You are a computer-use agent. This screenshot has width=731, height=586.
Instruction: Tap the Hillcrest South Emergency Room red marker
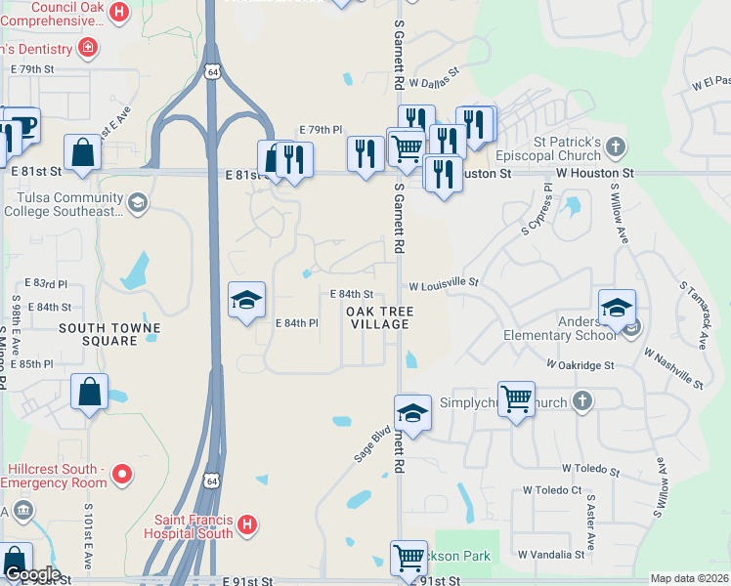pos(122,476)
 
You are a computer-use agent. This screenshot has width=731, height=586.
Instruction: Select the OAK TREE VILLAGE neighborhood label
pos(380,317)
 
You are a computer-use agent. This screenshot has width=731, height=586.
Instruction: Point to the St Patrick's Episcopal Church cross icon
pos(615,147)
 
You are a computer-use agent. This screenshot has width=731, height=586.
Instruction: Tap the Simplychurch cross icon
pos(582,400)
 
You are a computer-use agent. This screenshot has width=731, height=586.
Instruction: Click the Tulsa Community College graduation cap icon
pos(138,202)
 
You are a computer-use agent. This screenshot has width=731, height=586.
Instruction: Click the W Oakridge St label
pos(580,365)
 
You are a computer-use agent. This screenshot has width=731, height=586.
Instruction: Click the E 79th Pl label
pos(322,130)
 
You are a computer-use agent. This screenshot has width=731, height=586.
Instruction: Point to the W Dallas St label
pos(434,84)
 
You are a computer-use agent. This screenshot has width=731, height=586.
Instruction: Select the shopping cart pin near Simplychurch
pos(516,398)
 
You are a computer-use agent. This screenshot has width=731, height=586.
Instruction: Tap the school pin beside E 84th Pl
pos(247,299)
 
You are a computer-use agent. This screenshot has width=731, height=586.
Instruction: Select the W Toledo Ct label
pos(552,490)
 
